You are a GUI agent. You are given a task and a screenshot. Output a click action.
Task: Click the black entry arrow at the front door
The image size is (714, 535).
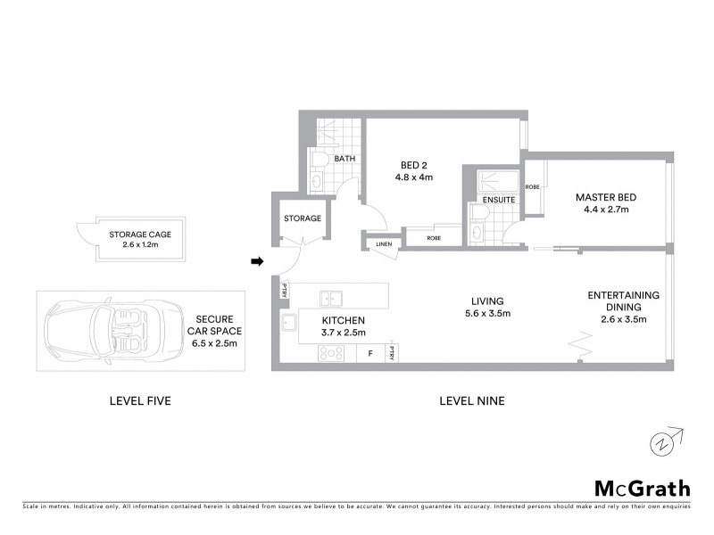[257, 261]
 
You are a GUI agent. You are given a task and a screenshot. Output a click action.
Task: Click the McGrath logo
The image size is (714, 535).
[642, 488]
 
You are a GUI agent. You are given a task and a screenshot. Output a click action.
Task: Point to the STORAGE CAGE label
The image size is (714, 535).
[140, 235]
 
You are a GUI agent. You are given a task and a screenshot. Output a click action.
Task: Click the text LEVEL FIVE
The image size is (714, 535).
[139, 401]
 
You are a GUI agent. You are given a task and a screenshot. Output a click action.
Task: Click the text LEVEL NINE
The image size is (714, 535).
[472, 401]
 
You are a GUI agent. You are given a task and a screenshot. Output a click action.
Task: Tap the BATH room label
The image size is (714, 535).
[345, 160]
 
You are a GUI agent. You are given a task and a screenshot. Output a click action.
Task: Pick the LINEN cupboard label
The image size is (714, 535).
[383, 244]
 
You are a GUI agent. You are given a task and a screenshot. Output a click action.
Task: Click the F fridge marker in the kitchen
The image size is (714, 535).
[369, 354]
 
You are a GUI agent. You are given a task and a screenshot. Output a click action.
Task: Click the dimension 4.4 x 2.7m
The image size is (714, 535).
[604, 210]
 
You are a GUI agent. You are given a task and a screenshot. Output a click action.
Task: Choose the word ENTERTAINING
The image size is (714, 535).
[623, 295]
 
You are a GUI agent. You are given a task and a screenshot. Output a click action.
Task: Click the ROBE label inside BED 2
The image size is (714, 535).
[434, 238]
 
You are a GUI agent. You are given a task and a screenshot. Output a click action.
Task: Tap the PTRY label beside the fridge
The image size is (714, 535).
[391, 354]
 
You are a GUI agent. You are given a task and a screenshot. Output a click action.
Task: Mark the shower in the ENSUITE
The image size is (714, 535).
[494, 179]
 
